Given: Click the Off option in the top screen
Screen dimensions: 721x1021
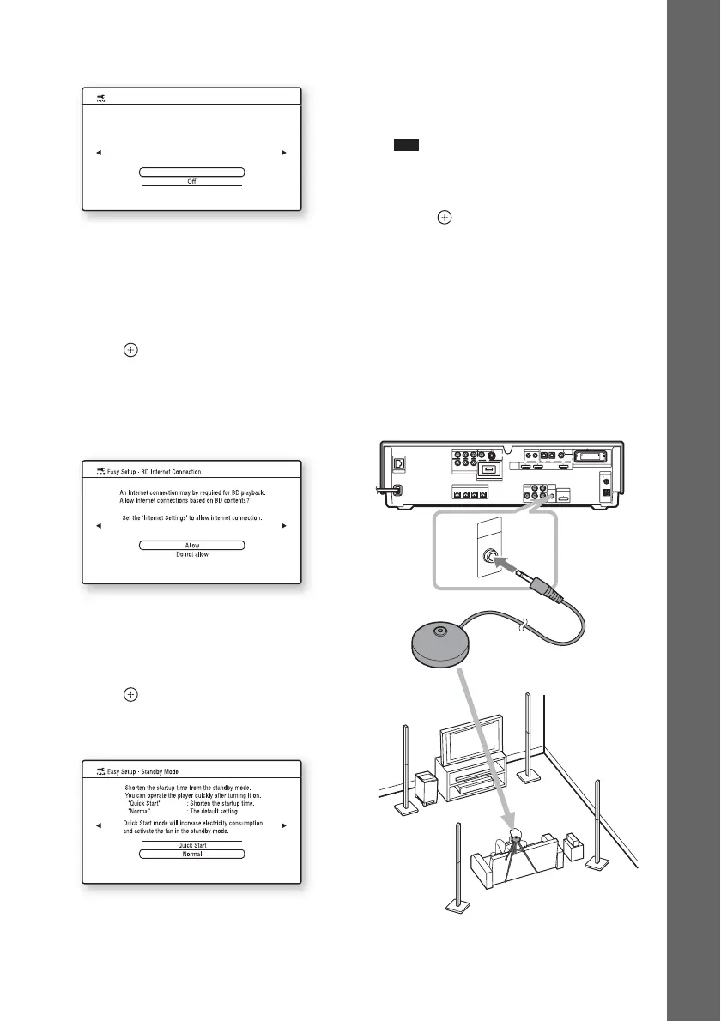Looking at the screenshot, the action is coord(192,182).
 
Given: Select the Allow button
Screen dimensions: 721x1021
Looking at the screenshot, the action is coord(192,545).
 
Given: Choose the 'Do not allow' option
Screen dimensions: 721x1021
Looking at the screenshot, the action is coord(192,555).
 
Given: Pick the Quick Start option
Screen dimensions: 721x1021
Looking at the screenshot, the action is coord(192,844).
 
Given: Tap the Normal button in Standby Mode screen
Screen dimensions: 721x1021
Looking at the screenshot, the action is coord(192,855).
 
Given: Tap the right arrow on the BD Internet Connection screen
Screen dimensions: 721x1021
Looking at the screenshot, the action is coord(284,526).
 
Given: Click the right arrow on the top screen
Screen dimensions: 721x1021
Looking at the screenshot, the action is coord(284,153).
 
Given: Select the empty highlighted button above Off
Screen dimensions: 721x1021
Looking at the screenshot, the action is coord(192,172).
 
